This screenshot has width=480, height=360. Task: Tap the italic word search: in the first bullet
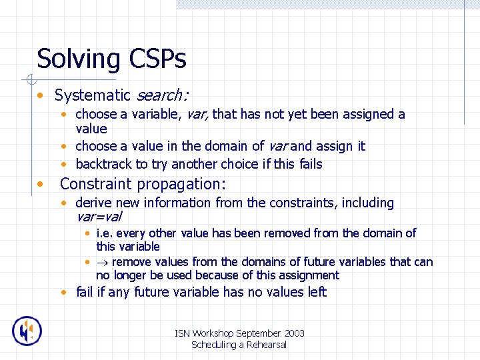pos(163,95)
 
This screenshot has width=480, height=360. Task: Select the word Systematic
pos(93,95)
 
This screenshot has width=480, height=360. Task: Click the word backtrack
pos(104,164)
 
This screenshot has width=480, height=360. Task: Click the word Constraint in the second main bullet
pos(95,184)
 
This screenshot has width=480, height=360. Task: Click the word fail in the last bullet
pos(85,292)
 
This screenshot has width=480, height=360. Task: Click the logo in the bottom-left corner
pos(27,331)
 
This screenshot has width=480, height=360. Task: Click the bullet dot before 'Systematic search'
pos(41,96)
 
